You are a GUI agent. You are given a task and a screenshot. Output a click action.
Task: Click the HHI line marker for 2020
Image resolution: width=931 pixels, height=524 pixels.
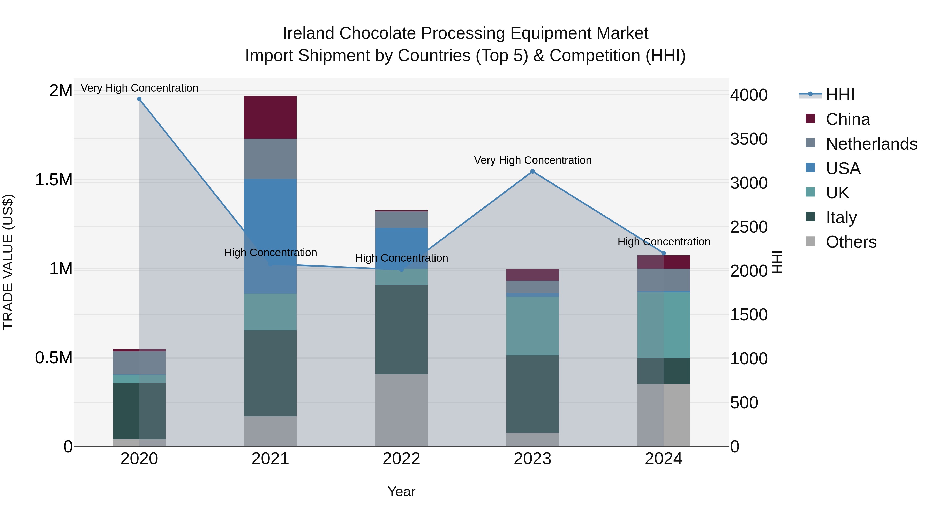pyautogui.click(x=139, y=99)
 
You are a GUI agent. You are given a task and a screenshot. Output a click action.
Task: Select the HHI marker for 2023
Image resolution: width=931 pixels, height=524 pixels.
pyautogui.click(x=532, y=171)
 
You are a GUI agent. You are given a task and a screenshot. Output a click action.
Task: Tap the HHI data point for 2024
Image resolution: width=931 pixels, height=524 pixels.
pyautogui.click(x=664, y=253)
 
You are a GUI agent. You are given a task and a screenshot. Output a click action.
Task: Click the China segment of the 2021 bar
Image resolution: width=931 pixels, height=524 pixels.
pyautogui.click(x=270, y=117)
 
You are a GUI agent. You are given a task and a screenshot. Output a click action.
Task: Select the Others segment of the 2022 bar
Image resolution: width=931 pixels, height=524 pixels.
pyautogui.click(x=401, y=410)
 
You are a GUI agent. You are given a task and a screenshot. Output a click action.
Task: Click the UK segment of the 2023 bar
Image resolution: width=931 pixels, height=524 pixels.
pyautogui.click(x=532, y=326)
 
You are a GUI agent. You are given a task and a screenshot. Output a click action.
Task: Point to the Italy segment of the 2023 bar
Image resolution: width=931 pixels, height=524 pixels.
pyautogui.click(x=532, y=394)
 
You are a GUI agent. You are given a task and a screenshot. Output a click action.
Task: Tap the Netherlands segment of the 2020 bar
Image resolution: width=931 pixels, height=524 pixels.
pyautogui.click(x=139, y=363)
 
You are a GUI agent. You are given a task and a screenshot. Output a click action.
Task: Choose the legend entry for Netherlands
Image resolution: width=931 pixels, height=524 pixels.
pyautogui.click(x=871, y=144)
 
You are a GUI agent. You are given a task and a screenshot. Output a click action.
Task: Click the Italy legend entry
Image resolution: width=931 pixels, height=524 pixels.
pyautogui.click(x=841, y=217)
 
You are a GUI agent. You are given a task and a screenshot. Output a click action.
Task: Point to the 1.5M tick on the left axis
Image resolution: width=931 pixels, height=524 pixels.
pyautogui.click(x=54, y=180)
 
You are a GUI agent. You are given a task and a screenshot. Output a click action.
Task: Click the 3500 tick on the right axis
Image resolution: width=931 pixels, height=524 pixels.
pyautogui.click(x=748, y=139)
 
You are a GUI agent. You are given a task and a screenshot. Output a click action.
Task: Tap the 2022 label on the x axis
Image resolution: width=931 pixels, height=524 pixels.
pyautogui.click(x=401, y=459)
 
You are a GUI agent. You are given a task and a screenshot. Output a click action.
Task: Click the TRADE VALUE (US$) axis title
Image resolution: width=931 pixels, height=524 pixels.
pyautogui.click(x=8, y=262)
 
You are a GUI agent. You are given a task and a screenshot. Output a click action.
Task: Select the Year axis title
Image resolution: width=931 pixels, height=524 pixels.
pyautogui.click(x=401, y=491)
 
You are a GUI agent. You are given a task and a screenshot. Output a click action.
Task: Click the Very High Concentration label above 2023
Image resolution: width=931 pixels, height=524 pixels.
pyautogui.click(x=532, y=160)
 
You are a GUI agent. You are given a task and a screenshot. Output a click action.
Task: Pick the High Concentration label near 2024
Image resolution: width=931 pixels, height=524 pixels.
pyautogui.click(x=664, y=242)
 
